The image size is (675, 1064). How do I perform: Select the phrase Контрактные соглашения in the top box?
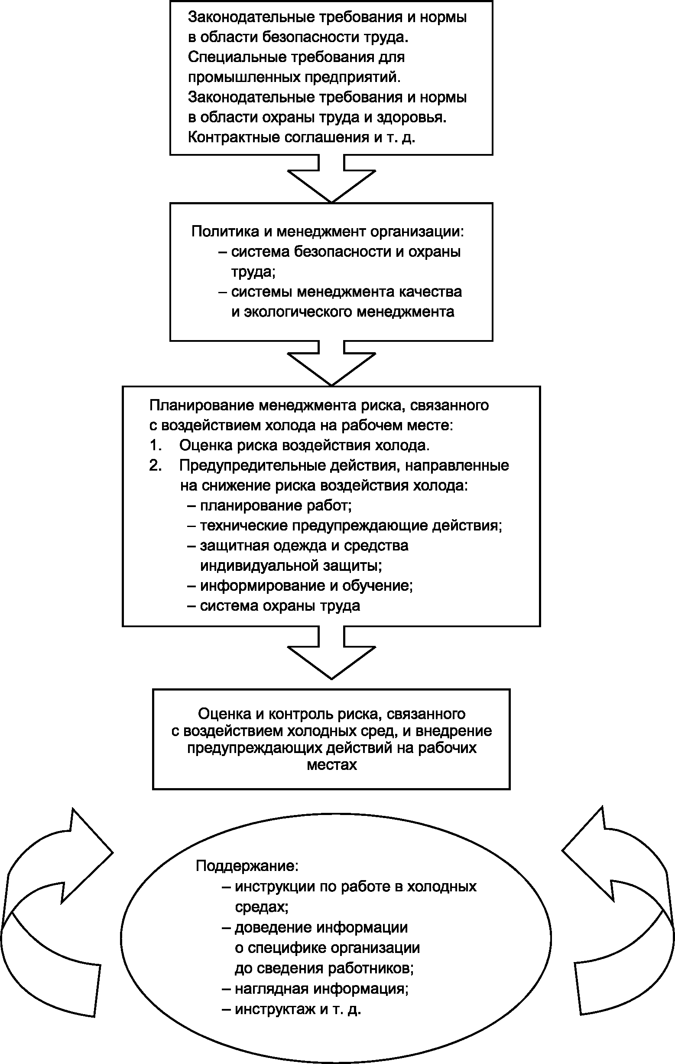(279, 138)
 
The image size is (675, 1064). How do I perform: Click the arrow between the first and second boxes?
(331, 179)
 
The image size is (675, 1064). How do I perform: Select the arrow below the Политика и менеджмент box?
(331, 363)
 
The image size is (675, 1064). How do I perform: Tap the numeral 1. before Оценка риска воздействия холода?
(156, 445)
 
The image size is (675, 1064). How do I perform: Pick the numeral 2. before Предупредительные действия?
(156, 466)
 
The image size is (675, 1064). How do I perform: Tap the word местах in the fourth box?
(331, 765)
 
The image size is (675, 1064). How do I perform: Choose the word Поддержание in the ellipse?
(247, 865)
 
